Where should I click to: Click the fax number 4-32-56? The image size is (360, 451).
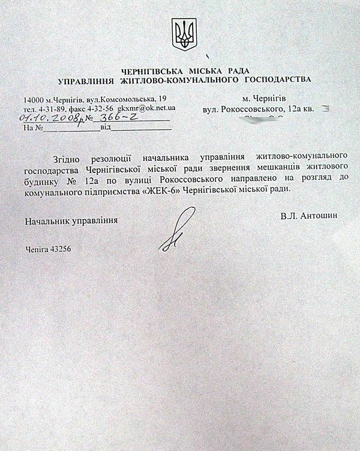click(x=103, y=107)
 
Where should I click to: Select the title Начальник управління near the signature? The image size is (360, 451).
click(x=71, y=220)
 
